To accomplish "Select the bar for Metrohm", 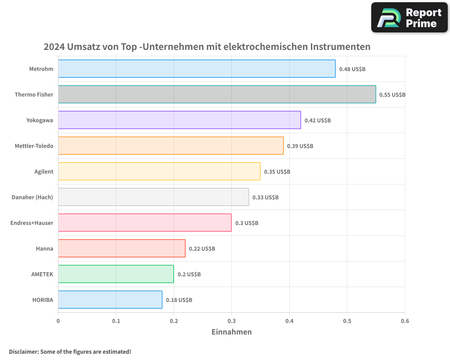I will [197, 69].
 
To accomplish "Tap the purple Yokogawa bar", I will [179, 120].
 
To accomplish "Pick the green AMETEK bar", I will [116, 274].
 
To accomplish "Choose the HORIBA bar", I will [110, 300].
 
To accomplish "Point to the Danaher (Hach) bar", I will [153, 197].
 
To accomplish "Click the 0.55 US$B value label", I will [392, 95].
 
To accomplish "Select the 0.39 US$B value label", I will [300, 146].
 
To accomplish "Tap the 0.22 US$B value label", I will [202, 249].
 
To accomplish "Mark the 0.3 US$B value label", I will [247, 223].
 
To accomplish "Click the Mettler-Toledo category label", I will [34, 146].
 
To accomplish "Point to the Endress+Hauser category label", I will [31, 223].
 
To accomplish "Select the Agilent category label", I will [44, 171].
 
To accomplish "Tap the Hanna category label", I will [45, 248].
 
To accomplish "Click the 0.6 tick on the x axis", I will [405, 321].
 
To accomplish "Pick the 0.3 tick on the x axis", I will [232, 321].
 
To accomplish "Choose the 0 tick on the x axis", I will [58, 321].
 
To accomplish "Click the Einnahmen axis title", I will [231, 332].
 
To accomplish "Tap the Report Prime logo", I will [409, 18].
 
